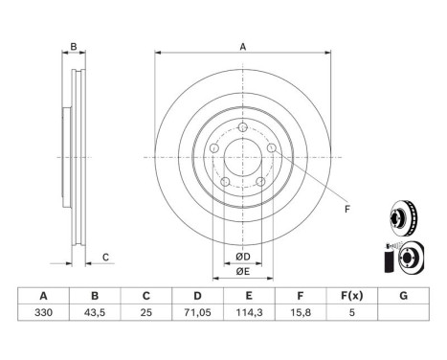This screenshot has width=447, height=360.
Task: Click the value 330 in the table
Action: click(43, 312)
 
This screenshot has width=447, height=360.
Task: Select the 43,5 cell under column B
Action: click(95, 312)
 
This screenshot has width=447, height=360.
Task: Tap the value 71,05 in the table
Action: click(197, 312)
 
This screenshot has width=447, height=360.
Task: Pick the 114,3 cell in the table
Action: click(249, 312)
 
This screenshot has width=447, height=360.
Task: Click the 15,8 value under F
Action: click(301, 312)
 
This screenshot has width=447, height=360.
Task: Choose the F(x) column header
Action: click(351, 296)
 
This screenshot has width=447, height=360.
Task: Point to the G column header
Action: click(403, 296)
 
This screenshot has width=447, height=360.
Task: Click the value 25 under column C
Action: click(146, 312)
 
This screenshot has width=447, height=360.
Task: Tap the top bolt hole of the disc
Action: click(243, 127)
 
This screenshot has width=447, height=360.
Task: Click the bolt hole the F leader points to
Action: click(271, 147)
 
